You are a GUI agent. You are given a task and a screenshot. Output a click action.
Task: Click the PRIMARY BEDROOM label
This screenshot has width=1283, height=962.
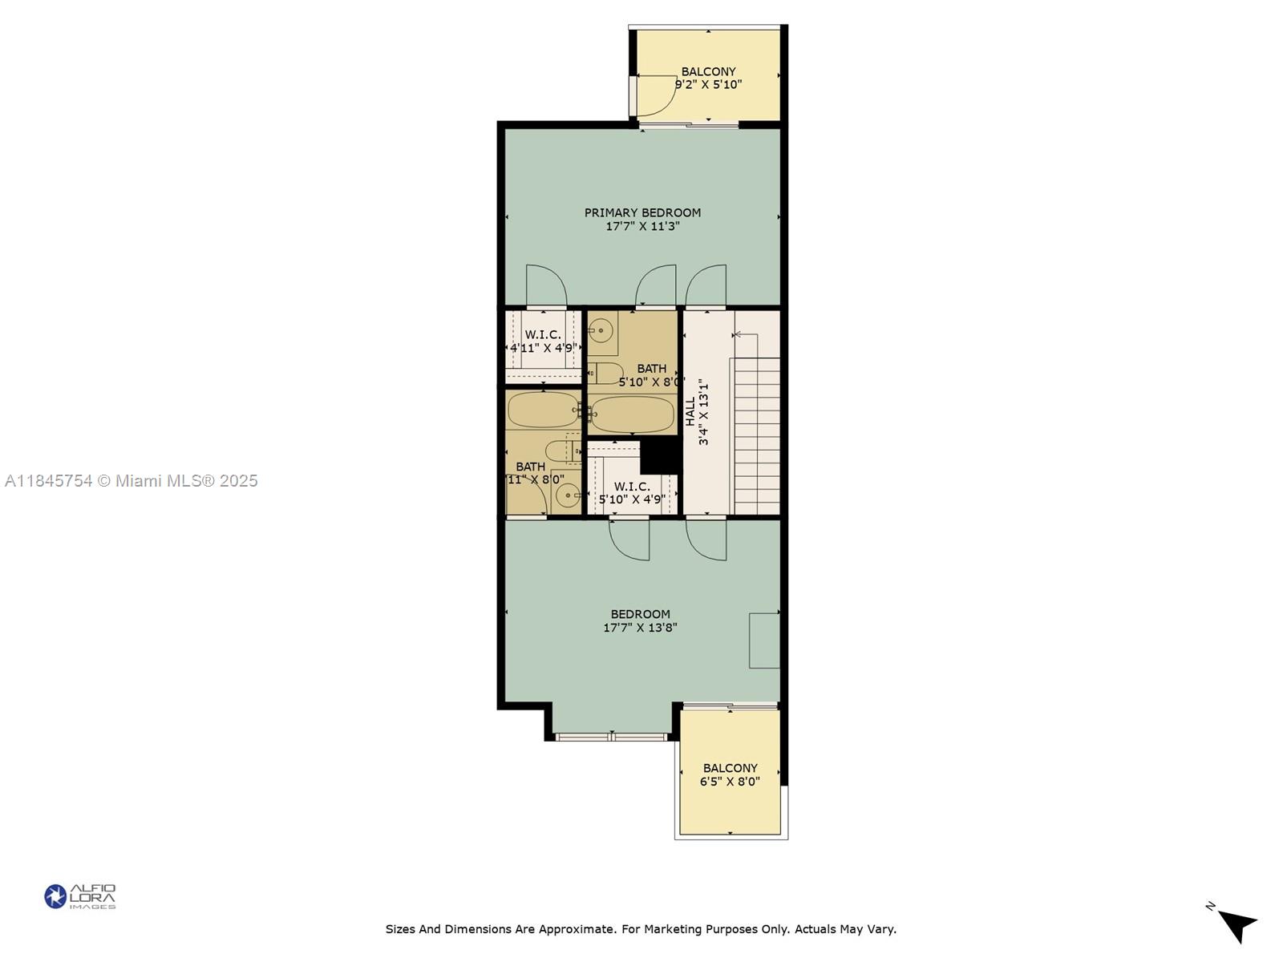click(x=642, y=212)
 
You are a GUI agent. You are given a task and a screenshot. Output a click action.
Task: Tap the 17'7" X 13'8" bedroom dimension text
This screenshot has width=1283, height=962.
click(x=640, y=628)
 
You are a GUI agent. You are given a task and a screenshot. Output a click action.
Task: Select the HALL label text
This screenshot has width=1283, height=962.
click(x=690, y=411)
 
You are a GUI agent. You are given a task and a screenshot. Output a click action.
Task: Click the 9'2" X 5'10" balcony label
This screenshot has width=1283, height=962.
click(x=708, y=84)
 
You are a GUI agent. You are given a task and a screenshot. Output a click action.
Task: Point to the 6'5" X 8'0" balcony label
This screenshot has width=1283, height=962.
click(x=730, y=782)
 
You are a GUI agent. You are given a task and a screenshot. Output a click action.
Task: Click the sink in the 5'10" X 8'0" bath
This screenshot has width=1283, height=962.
click(x=601, y=330)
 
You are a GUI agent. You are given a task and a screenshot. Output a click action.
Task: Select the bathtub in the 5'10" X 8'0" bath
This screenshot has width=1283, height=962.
click(x=632, y=414)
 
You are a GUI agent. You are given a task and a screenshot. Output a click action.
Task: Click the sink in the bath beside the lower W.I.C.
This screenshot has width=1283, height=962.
click(x=568, y=495)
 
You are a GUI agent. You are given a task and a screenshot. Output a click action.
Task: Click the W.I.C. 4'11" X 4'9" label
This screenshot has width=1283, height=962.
click(x=543, y=342)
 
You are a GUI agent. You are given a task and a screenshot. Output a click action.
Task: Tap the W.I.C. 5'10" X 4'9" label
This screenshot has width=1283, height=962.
click(x=632, y=493)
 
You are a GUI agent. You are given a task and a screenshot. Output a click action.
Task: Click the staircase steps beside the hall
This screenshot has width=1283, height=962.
click(x=756, y=437)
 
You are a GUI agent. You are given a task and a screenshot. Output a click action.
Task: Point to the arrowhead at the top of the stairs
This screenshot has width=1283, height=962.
click(x=737, y=334)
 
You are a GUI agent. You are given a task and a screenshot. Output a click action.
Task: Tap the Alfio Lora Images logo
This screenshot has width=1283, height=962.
click(x=80, y=896)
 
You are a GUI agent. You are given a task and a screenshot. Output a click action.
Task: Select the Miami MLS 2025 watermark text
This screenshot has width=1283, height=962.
click(x=132, y=481)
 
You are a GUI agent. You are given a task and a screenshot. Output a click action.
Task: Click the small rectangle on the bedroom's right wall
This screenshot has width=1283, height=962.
click(x=764, y=640)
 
